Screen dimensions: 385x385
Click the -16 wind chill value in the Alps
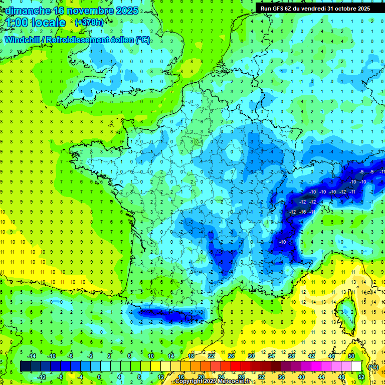(x=302, y=212)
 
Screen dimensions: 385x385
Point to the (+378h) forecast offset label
(x=89, y=23)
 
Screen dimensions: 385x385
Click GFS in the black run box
(x=277, y=8)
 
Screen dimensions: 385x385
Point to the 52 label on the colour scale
(x=361, y=377)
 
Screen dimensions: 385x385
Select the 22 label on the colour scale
(x=211, y=355)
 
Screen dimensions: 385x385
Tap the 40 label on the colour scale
(x=301, y=377)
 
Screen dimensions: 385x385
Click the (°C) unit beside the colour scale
(x=373, y=366)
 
